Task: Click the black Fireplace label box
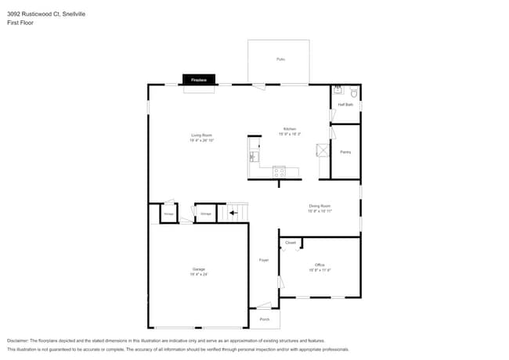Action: tap(198, 79)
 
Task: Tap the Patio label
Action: tap(280, 59)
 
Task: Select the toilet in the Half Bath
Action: tap(353, 92)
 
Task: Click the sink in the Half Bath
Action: tap(338, 89)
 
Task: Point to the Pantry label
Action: tap(345, 152)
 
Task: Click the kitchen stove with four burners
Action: tap(280, 171)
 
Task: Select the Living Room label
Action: tap(202, 135)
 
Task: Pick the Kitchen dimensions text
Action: tap(290, 135)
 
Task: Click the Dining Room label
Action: tap(319, 206)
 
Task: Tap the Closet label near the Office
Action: tap(291, 243)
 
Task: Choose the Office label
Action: tap(319, 265)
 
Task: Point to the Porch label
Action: tap(264, 319)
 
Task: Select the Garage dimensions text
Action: tap(198, 275)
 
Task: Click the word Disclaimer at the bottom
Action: tap(20, 340)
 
